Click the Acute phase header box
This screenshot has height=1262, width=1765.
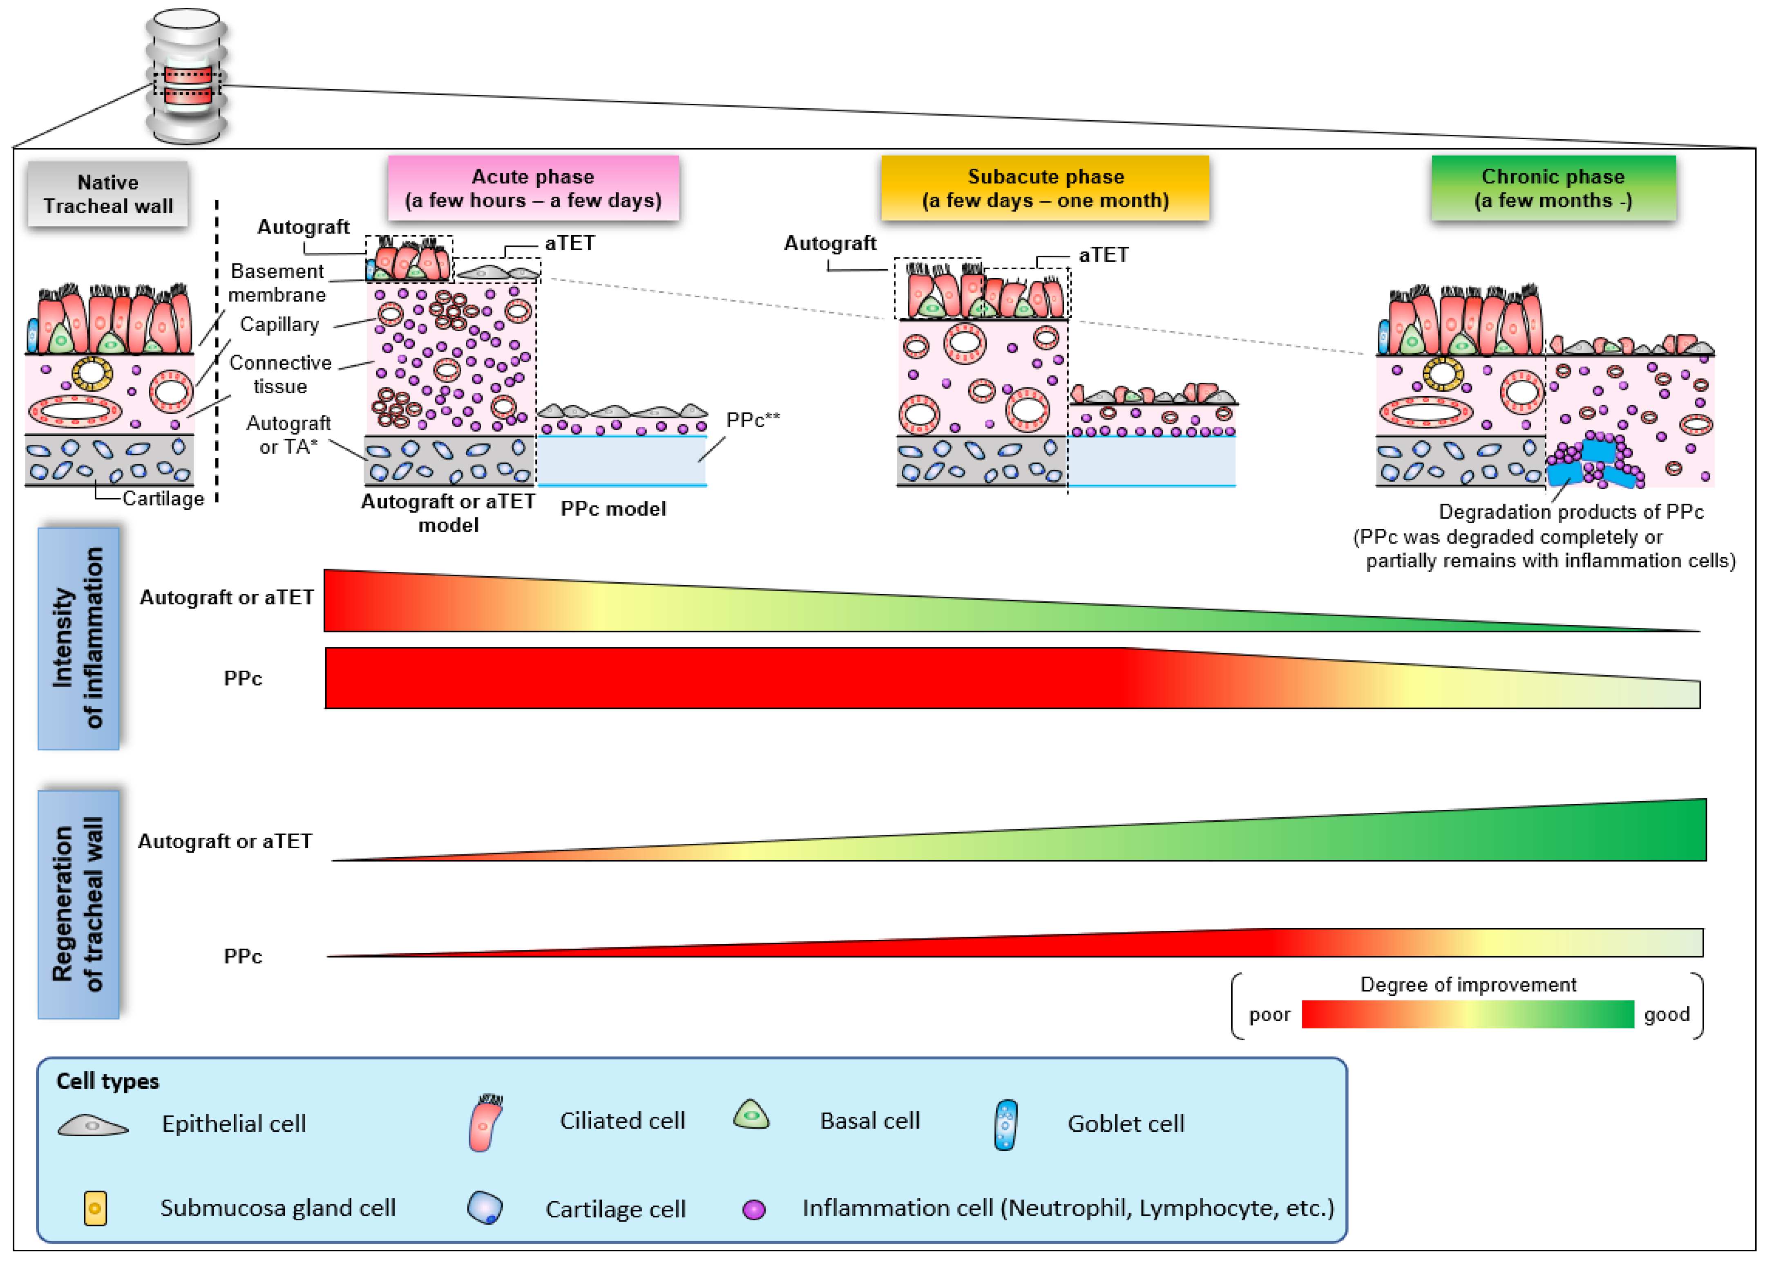(533, 188)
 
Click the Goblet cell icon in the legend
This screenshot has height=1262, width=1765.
(1006, 1124)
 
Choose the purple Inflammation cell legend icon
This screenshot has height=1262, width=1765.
(754, 1210)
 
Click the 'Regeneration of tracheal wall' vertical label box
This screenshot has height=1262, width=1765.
(78, 905)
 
